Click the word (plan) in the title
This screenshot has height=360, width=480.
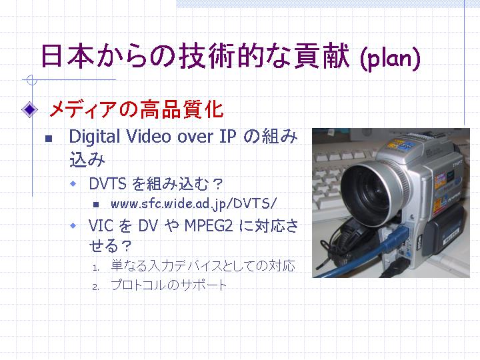click(x=391, y=58)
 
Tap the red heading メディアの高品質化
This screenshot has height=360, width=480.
click(x=137, y=109)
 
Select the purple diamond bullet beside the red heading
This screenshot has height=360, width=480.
click(x=30, y=109)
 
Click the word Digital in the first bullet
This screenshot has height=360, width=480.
click(x=95, y=137)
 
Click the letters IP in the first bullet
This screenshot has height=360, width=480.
click(x=228, y=136)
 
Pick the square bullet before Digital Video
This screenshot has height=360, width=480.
click(x=49, y=139)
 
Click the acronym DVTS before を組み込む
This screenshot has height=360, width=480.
click(x=107, y=184)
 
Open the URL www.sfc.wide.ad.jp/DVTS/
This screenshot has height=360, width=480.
click(x=194, y=204)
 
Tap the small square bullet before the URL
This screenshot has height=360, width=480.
click(x=96, y=205)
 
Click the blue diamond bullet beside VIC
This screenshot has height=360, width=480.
click(x=73, y=225)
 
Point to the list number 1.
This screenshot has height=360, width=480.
click(x=96, y=268)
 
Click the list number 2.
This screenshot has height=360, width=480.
click(x=96, y=287)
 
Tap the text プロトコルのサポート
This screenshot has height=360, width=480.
click(x=169, y=285)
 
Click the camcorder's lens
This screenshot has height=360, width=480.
click(x=371, y=192)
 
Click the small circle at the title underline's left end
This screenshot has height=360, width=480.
click(x=31, y=80)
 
